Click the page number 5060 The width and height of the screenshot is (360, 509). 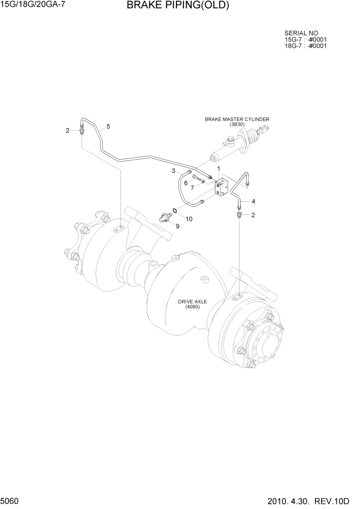(11, 500)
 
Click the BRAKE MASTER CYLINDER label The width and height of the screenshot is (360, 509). (237, 119)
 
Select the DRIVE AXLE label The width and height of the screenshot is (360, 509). (192, 302)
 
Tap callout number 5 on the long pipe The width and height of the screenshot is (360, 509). (108, 126)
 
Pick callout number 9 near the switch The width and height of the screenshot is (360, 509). (177, 226)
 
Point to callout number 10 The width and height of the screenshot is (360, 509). (189, 219)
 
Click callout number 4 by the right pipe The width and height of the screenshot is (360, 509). (253, 201)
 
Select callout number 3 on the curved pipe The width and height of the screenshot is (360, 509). (173, 170)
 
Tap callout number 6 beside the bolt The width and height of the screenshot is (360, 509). (186, 183)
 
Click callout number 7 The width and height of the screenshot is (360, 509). (192, 188)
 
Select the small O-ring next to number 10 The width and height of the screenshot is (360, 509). (175, 210)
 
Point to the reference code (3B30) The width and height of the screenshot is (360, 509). (237, 124)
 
